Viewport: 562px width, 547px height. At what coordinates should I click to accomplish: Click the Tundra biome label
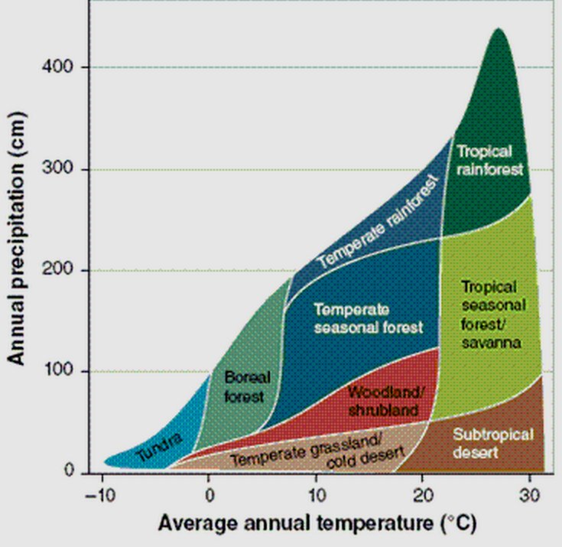pos(160,448)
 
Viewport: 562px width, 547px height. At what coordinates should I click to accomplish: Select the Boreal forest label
pos(245,386)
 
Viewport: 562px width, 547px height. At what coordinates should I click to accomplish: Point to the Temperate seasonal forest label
pos(367,319)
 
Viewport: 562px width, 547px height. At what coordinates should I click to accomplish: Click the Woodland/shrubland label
pos(384,401)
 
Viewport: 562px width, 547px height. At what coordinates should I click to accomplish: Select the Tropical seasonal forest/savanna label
pos(490,314)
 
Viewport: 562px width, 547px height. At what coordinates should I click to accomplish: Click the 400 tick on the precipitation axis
pos(67,68)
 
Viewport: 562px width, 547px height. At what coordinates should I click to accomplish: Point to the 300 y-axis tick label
pos(67,169)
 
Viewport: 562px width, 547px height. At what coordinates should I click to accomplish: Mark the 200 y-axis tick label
pos(67,270)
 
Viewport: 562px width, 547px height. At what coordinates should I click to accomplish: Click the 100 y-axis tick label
pos(67,372)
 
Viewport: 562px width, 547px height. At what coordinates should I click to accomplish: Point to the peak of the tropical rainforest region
pos(499,31)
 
